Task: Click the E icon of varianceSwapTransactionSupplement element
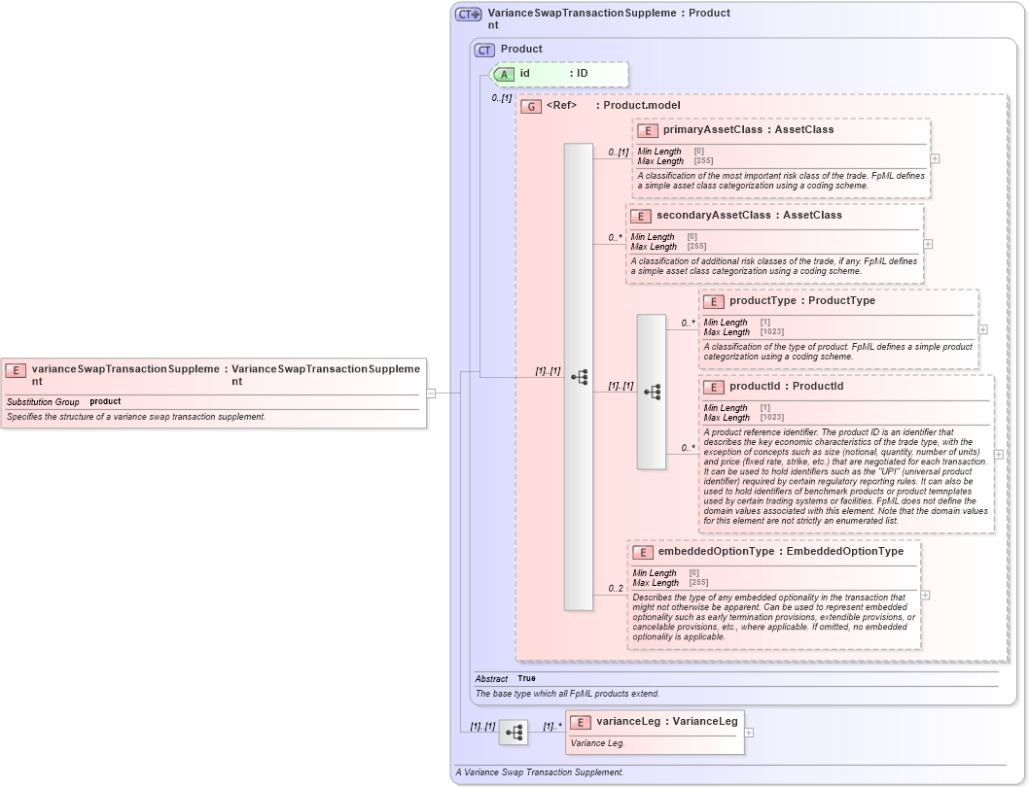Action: pos(16,369)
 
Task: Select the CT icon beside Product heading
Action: pos(484,50)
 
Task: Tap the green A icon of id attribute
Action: pos(504,74)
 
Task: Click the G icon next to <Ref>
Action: pos(531,106)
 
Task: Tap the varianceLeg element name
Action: pos(630,721)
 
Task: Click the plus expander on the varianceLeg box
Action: pos(749,734)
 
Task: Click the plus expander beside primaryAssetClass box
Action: pos(935,158)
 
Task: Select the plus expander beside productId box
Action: pos(999,455)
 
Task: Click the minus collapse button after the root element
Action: pos(430,393)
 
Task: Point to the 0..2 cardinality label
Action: pos(616,588)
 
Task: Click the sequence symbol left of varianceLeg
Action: pos(514,732)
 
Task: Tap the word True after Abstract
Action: pos(526,678)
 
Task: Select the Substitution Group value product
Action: pos(105,401)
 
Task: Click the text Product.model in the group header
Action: pos(642,105)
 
